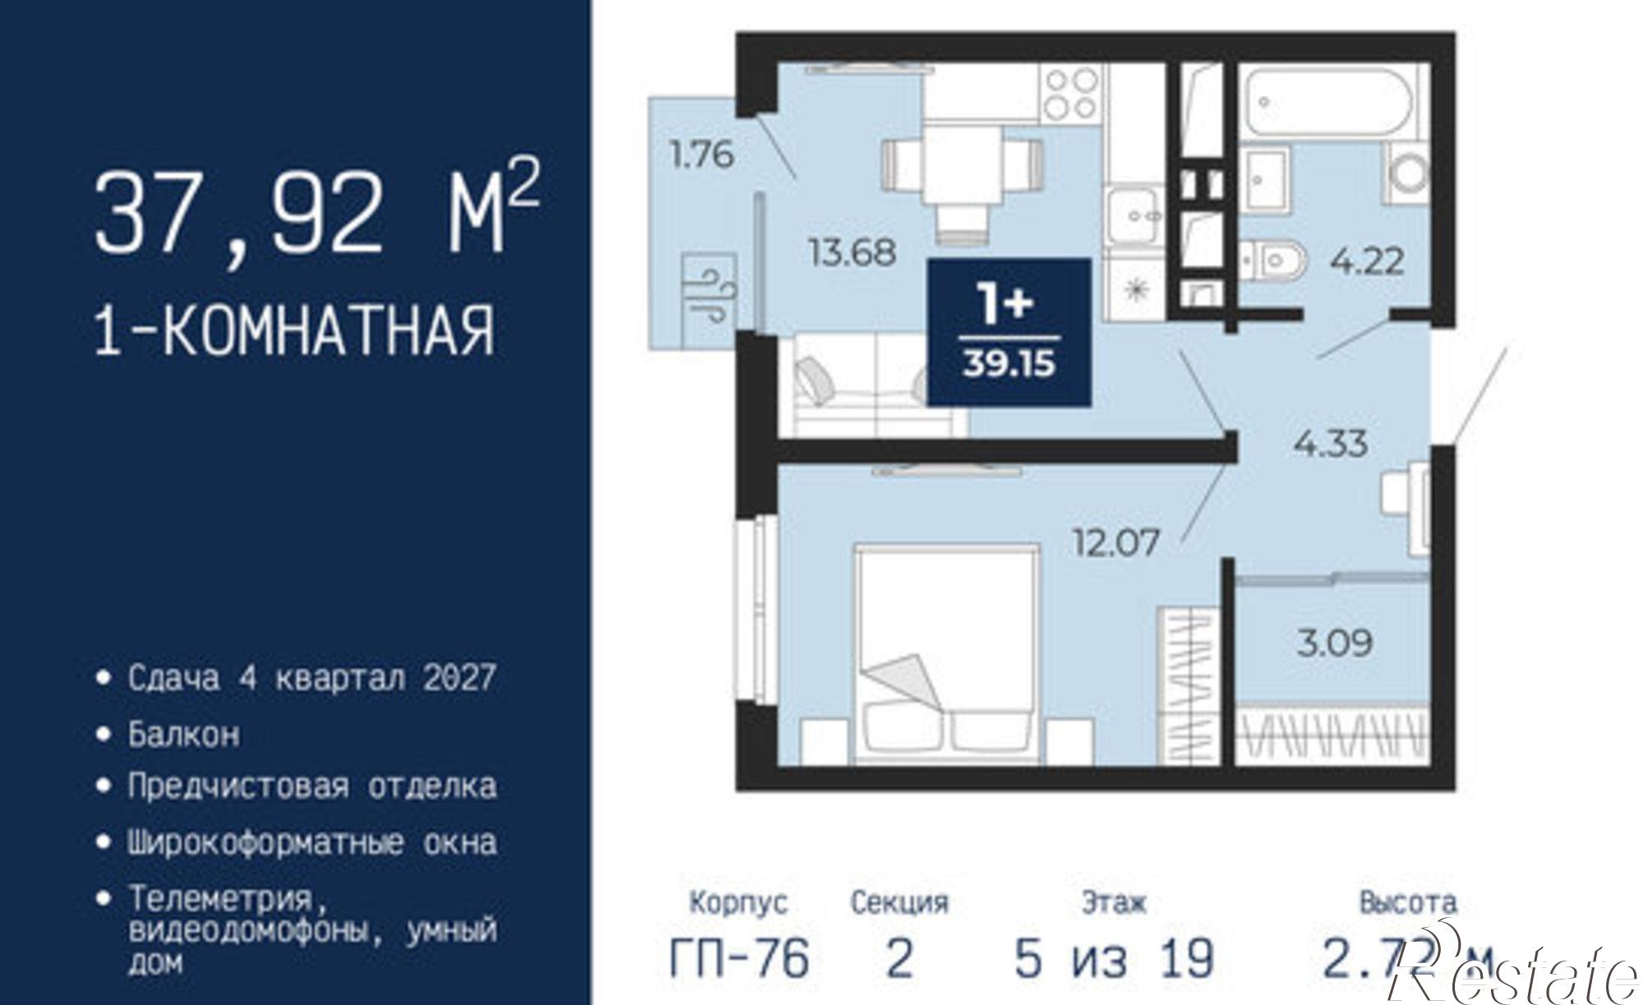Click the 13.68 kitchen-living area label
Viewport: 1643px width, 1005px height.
pyautogui.click(x=852, y=251)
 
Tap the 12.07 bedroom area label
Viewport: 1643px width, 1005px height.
pyautogui.click(x=1116, y=542)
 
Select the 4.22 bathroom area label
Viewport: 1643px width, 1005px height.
pyautogui.click(x=1366, y=262)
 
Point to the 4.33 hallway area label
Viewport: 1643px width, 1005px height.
pyautogui.click(x=1330, y=444)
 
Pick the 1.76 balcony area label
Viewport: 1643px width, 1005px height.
pyautogui.click(x=701, y=154)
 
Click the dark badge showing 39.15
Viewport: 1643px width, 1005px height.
pyautogui.click(x=1009, y=332)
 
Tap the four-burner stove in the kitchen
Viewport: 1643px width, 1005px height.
pyautogui.click(x=1070, y=93)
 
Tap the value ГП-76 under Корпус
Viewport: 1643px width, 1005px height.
pyautogui.click(x=739, y=958)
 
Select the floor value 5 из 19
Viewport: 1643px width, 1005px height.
pyautogui.click(x=1113, y=958)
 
